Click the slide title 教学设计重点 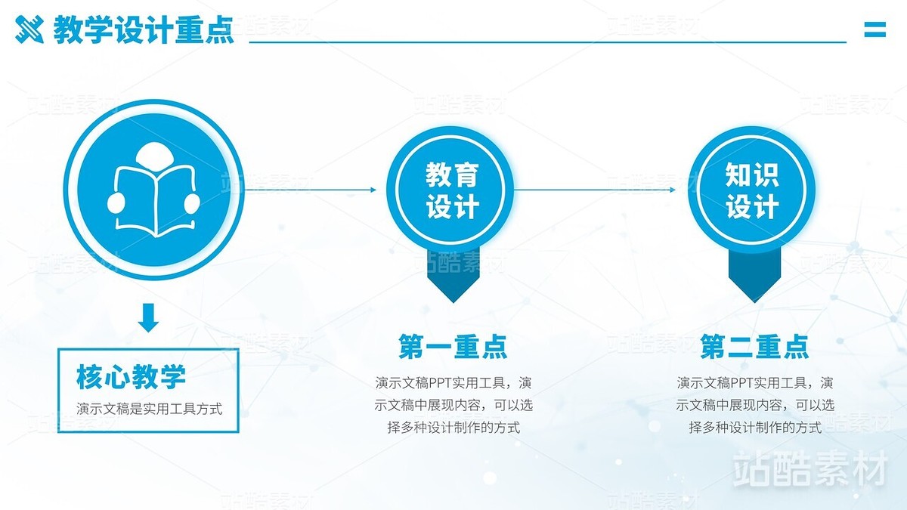144,29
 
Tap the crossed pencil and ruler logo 29,29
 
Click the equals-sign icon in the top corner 875,29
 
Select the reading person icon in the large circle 154,190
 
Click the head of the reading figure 154,156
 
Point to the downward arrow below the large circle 148,317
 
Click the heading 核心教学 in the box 131,377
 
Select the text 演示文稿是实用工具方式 150,409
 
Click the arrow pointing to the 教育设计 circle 311,190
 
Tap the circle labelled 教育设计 450,190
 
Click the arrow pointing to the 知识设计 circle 595,190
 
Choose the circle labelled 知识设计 751,190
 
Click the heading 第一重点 453,347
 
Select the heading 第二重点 755,347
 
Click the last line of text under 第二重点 756,428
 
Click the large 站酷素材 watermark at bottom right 810,468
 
